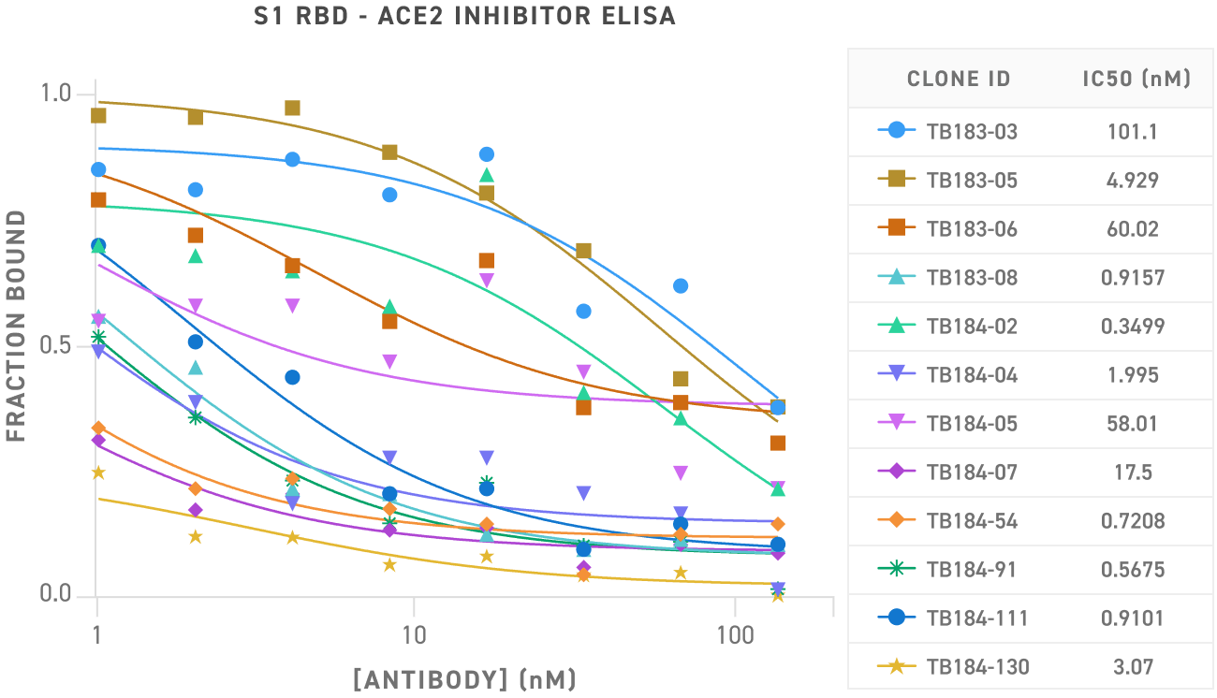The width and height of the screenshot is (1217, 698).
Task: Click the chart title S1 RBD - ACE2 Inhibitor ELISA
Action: tap(464, 17)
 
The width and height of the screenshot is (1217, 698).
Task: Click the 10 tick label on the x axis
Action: tap(414, 636)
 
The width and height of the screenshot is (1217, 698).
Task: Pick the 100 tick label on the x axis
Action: tap(735, 636)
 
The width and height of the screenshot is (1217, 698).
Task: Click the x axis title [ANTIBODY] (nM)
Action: tap(464, 678)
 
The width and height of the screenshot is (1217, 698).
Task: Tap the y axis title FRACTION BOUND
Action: tap(16, 326)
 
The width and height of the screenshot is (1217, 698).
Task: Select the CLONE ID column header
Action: tap(959, 79)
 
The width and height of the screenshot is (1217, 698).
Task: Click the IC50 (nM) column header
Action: tap(1136, 79)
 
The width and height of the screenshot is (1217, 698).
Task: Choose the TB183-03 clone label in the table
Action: tap(972, 132)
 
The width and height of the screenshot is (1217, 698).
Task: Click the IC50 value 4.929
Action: tap(1133, 181)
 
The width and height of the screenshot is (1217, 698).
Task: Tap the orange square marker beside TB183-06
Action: tap(896, 228)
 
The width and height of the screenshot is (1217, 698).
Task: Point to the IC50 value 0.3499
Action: tap(1133, 327)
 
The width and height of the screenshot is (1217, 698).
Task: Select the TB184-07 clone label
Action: tap(972, 473)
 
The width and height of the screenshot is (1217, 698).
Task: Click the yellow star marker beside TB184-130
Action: tap(896, 666)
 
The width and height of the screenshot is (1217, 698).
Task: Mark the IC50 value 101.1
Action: tap(1133, 132)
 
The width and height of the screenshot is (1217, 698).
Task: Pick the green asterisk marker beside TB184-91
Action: tap(896, 569)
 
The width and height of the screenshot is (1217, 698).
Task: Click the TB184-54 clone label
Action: tap(972, 521)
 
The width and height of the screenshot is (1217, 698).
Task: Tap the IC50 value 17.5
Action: tap(1133, 473)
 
